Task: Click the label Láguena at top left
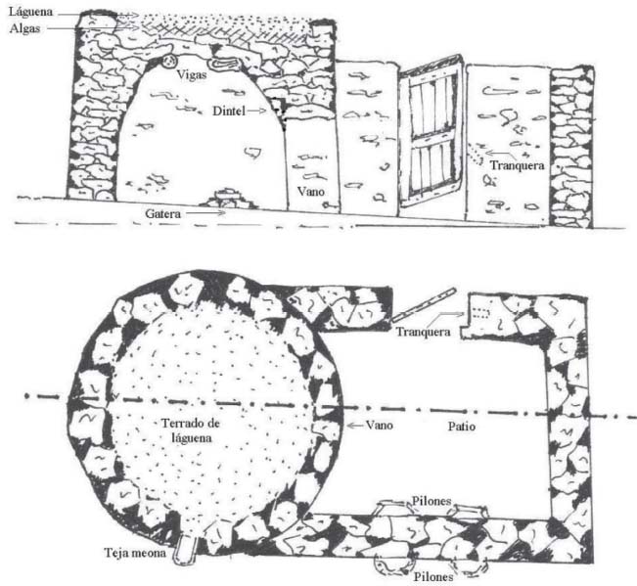31,12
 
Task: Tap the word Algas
24,28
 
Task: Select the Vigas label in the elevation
192,74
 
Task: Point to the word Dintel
229,111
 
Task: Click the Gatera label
162,213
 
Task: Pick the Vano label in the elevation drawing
311,192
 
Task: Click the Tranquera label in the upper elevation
517,165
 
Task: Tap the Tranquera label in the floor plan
424,332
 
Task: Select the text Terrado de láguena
191,430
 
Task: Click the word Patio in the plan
462,427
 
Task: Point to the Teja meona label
135,553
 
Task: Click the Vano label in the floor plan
379,426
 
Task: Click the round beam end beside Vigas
169,62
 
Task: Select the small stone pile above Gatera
227,199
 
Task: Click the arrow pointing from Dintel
256,110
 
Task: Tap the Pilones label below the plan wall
433,576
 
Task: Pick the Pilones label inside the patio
432,501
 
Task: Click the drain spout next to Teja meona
186,550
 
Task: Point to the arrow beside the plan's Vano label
354,426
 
